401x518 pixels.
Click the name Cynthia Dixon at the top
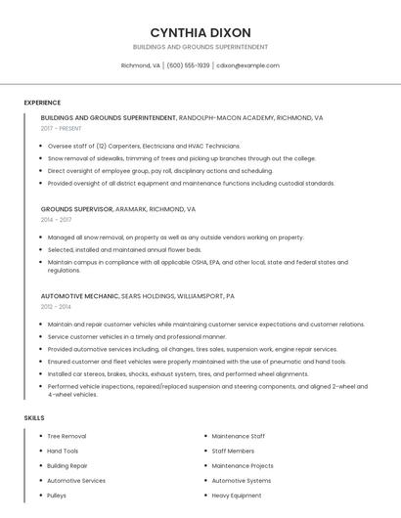[x=200, y=32]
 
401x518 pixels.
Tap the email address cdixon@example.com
[x=247, y=65]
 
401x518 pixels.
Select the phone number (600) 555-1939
[x=188, y=65]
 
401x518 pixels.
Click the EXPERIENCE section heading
[x=42, y=103]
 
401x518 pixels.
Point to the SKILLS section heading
[x=34, y=418]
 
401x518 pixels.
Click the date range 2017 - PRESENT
[x=62, y=128]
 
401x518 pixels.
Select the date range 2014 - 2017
[x=56, y=220]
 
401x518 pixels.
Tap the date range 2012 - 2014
[x=56, y=307]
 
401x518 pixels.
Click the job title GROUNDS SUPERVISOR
[x=77, y=208]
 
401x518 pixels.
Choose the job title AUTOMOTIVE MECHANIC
[x=79, y=295]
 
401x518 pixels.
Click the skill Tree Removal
[x=67, y=436]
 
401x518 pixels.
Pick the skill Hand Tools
[x=63, y=451]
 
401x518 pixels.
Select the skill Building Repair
[x=67, y=466]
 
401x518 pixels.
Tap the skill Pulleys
[x=57, y=496]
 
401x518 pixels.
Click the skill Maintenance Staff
[x=238, y=436]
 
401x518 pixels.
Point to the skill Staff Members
[x=233, y=451]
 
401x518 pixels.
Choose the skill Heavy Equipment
[x=237, y=496]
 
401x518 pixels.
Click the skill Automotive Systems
[x=242, y=481]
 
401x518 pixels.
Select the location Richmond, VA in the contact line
[x=140, y=65]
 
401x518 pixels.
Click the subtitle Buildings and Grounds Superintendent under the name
[x=200, y=47]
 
